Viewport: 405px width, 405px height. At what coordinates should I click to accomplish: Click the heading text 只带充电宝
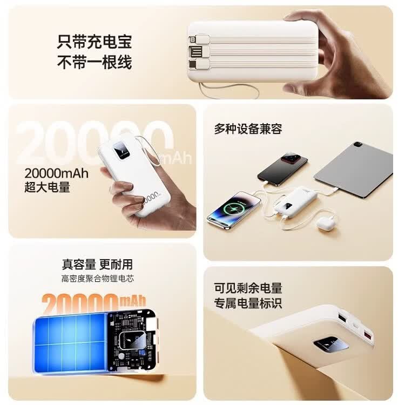coord(94,42)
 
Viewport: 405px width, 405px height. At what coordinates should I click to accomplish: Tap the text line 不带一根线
coord(94,62)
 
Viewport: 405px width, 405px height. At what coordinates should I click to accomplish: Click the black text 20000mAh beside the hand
coord(56,173)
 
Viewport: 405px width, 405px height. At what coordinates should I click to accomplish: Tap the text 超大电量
coord(48,187)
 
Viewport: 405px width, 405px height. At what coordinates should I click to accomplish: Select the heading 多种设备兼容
coord(248,129)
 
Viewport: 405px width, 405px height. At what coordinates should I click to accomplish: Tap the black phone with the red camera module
coord(282,168)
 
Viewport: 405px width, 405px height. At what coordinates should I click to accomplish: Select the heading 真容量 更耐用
coord(97,264)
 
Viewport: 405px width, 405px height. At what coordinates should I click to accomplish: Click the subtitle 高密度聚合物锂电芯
coord(98,279)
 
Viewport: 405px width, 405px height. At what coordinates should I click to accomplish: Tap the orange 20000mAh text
coord(93,303)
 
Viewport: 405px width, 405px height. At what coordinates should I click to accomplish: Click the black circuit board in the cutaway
coord(131,341)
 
